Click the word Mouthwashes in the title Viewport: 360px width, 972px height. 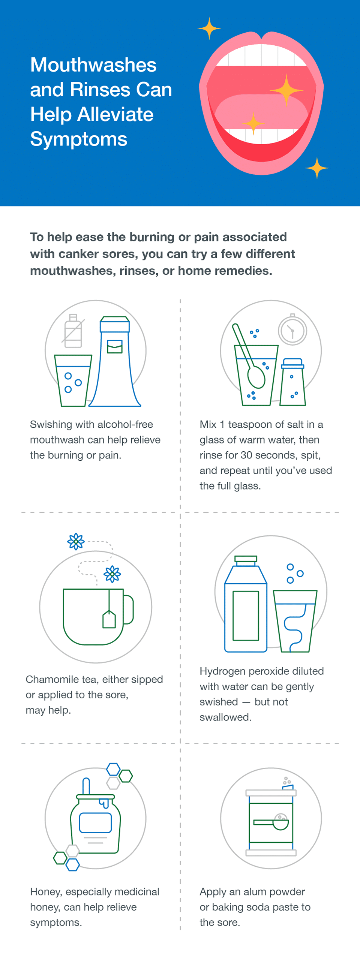93,65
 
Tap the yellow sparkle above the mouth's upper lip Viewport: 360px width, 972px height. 209,28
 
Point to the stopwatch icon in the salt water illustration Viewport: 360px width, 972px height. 292,331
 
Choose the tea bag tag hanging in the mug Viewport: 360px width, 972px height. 109,619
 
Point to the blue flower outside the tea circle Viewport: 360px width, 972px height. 76,541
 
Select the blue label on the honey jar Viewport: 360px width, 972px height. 96,822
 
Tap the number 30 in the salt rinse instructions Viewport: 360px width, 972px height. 246,455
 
